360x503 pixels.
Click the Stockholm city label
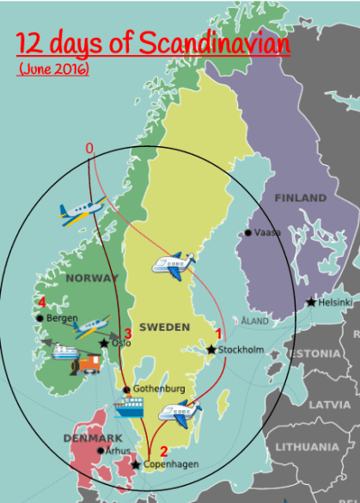coord(241,350)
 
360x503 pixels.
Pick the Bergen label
coord(62,318)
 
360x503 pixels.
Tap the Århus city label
coord(119,450)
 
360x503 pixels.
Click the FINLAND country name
coord(301,198)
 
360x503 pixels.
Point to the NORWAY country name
coord(91,279)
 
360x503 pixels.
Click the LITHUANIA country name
coord(307,446)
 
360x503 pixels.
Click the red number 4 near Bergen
coord(41,302)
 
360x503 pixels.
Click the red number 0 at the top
coord(89,148)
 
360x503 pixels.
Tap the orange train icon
coord(88,364)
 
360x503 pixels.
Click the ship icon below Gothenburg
coord(128,408)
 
